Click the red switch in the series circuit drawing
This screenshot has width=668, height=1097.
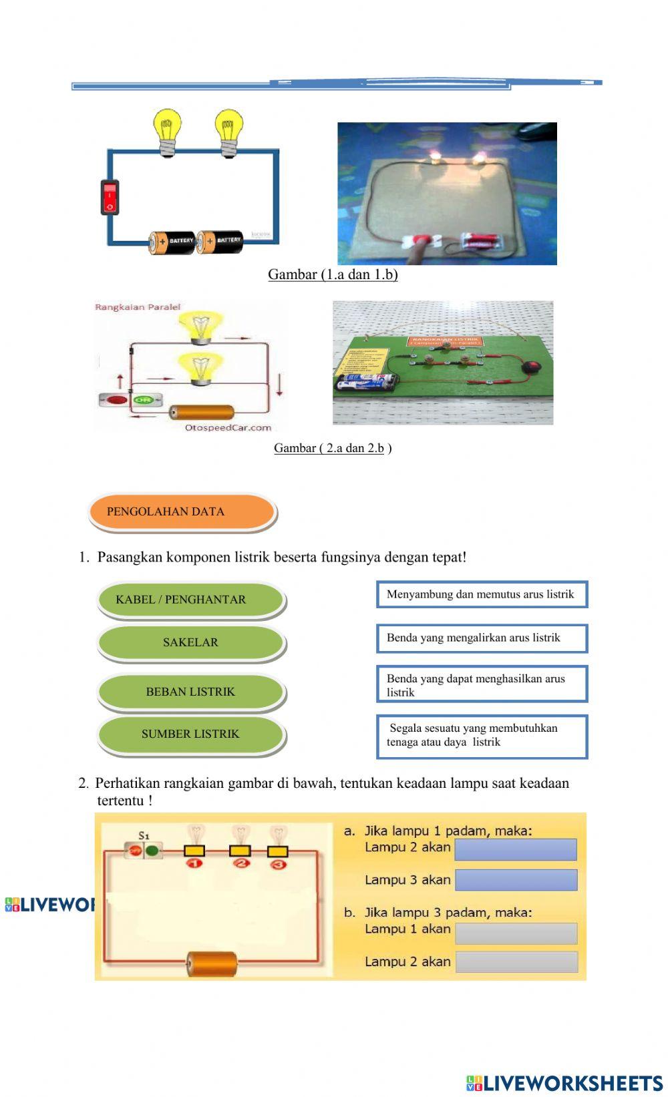(x=110, y=197)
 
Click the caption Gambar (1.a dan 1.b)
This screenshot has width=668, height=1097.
(x=333, y=274)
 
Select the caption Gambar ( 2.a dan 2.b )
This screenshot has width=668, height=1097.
(x=333, y=448)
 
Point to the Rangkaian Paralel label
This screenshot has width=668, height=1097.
(x=138, y=307)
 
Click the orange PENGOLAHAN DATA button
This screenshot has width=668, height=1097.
(x=182, y=512)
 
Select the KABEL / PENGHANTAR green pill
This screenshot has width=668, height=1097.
(x=191, y=600)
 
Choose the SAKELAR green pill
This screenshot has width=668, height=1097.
(x=191, y=642)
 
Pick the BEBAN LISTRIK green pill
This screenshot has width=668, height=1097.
(x=191, y=692)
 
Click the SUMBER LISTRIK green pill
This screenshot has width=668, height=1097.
(x=191, y=734)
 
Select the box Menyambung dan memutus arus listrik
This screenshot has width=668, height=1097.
(x=482, y=594)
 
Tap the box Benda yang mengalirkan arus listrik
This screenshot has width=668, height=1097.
(x=482, y=638)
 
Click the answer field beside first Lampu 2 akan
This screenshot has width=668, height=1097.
(x=516, y=849)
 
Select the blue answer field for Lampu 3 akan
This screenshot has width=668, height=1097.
(x=516, y=880)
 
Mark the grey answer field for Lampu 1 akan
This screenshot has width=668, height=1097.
(x=516, y=933)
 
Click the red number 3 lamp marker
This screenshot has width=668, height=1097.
(x=278, y=865)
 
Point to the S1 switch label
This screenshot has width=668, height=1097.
(x=144, y=835)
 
